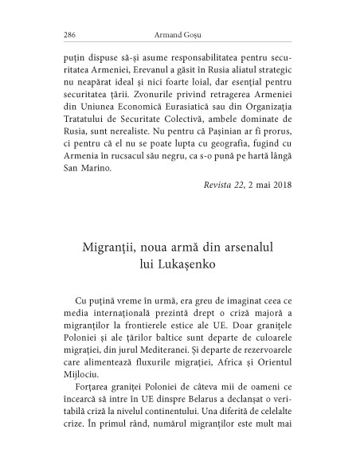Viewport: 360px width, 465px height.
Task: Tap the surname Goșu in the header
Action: coord(197,34)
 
